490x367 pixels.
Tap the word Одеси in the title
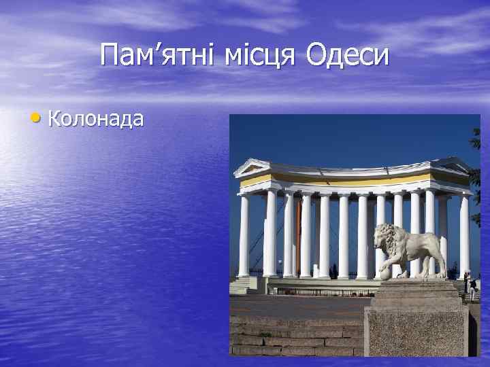[x=348, y=55]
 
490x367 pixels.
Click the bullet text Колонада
[x=96, y=119]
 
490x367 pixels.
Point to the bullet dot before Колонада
[x=35, y=119]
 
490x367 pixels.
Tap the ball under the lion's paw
[x=386, y=273]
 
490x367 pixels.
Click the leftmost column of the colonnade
[x=244, y=234]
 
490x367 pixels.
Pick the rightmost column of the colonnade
[x=465, y=234]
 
